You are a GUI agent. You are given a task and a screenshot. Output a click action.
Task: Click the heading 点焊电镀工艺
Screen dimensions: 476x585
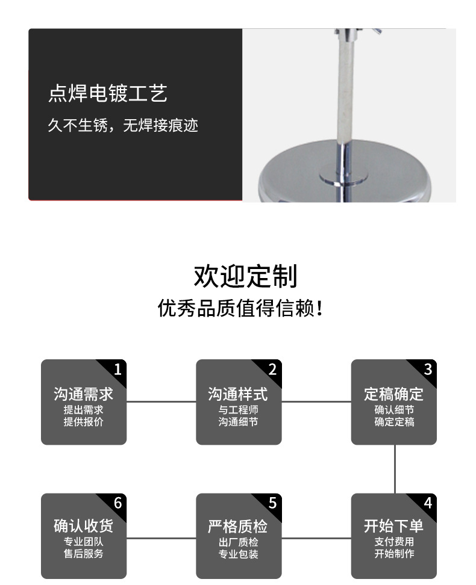107,94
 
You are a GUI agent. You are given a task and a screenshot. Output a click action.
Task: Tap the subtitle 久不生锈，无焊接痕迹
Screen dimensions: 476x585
122,126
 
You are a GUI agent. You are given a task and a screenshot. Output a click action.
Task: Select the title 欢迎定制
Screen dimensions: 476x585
245,276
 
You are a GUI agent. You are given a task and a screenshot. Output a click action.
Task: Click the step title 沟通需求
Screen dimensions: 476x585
83,394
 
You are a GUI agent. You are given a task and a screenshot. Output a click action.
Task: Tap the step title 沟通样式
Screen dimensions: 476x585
238,394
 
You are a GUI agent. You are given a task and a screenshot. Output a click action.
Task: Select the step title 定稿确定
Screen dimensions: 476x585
393,394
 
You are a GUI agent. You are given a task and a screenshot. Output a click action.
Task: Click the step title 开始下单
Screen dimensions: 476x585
393,526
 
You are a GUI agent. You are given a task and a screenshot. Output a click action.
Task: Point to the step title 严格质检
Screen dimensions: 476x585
238,527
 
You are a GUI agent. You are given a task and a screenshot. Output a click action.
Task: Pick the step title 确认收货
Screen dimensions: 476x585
83,526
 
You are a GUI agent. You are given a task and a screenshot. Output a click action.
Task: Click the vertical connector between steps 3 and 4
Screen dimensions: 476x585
395,469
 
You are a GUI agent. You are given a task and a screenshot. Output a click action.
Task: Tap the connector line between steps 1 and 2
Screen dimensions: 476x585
161,401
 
